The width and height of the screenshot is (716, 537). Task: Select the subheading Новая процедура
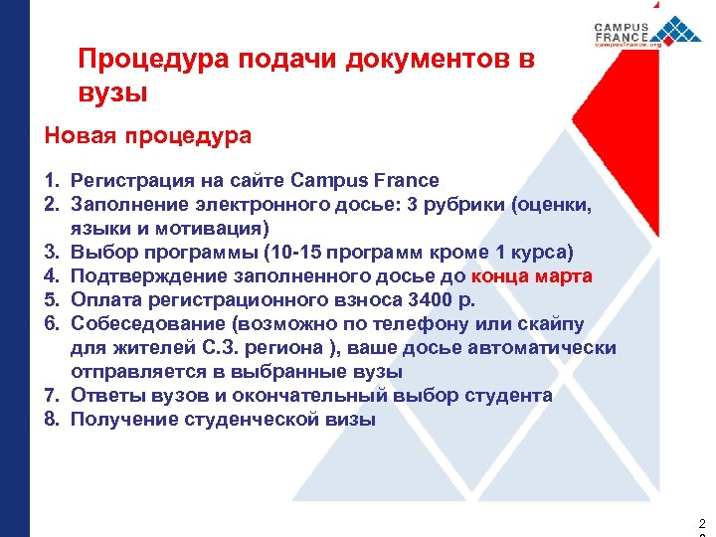pos(148,135)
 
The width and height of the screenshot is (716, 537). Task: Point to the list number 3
pos(49,252)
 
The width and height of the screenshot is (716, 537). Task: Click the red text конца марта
pos(532,275)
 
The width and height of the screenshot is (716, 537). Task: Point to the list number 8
pos(49,419)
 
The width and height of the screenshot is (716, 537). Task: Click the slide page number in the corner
pos(702,524)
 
